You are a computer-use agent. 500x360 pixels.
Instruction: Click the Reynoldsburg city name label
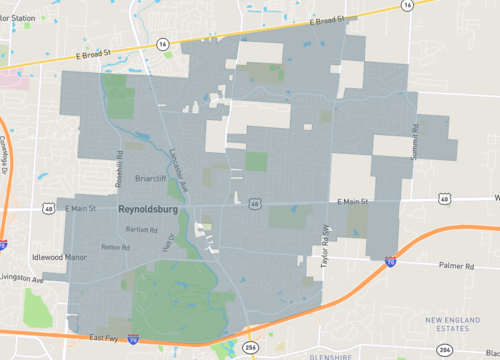click(x=148, y=211)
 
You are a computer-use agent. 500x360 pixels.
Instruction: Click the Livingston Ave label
click(x=19, y=277)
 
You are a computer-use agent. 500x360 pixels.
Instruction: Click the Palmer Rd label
click(x=456, y=266)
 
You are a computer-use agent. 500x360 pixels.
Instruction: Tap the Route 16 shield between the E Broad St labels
click(x=162, y=44)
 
